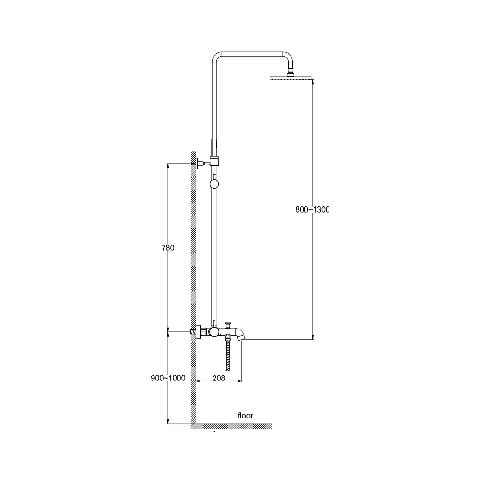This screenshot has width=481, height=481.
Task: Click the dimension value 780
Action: [x=168, y=248]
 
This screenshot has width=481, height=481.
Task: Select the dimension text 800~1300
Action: [x=313, y=210]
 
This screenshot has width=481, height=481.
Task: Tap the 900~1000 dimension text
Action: [x=168, y=378]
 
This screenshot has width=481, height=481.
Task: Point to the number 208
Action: [x=219, y=378]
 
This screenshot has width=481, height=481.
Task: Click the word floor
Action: [x=245, y=416]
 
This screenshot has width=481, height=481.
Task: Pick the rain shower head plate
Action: [x=291, y=78]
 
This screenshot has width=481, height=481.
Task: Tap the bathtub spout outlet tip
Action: [x=242, y=338]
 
